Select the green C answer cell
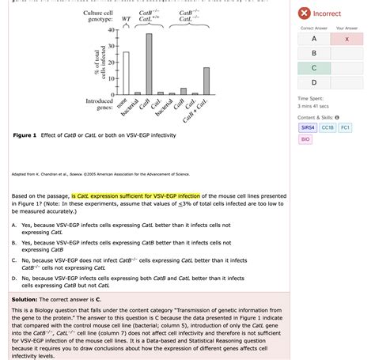(x=313, y=68)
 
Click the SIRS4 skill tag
(x=307, y=127)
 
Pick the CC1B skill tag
(x=328, y=127)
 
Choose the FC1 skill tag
(x=346, y=127)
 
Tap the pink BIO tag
(x=305, y=139)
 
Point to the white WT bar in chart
(x=126, y=73)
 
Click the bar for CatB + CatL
(x=206, y=81)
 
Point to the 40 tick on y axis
(x=111, y=32)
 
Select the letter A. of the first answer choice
(x=15, y=225)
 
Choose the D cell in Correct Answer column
(x=313, y=82)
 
